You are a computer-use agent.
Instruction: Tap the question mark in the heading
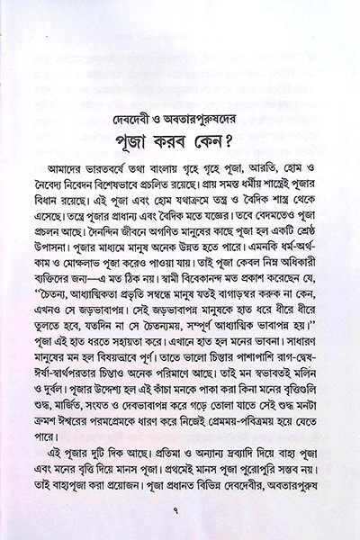pyautogui.click(x=256, y=122)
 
